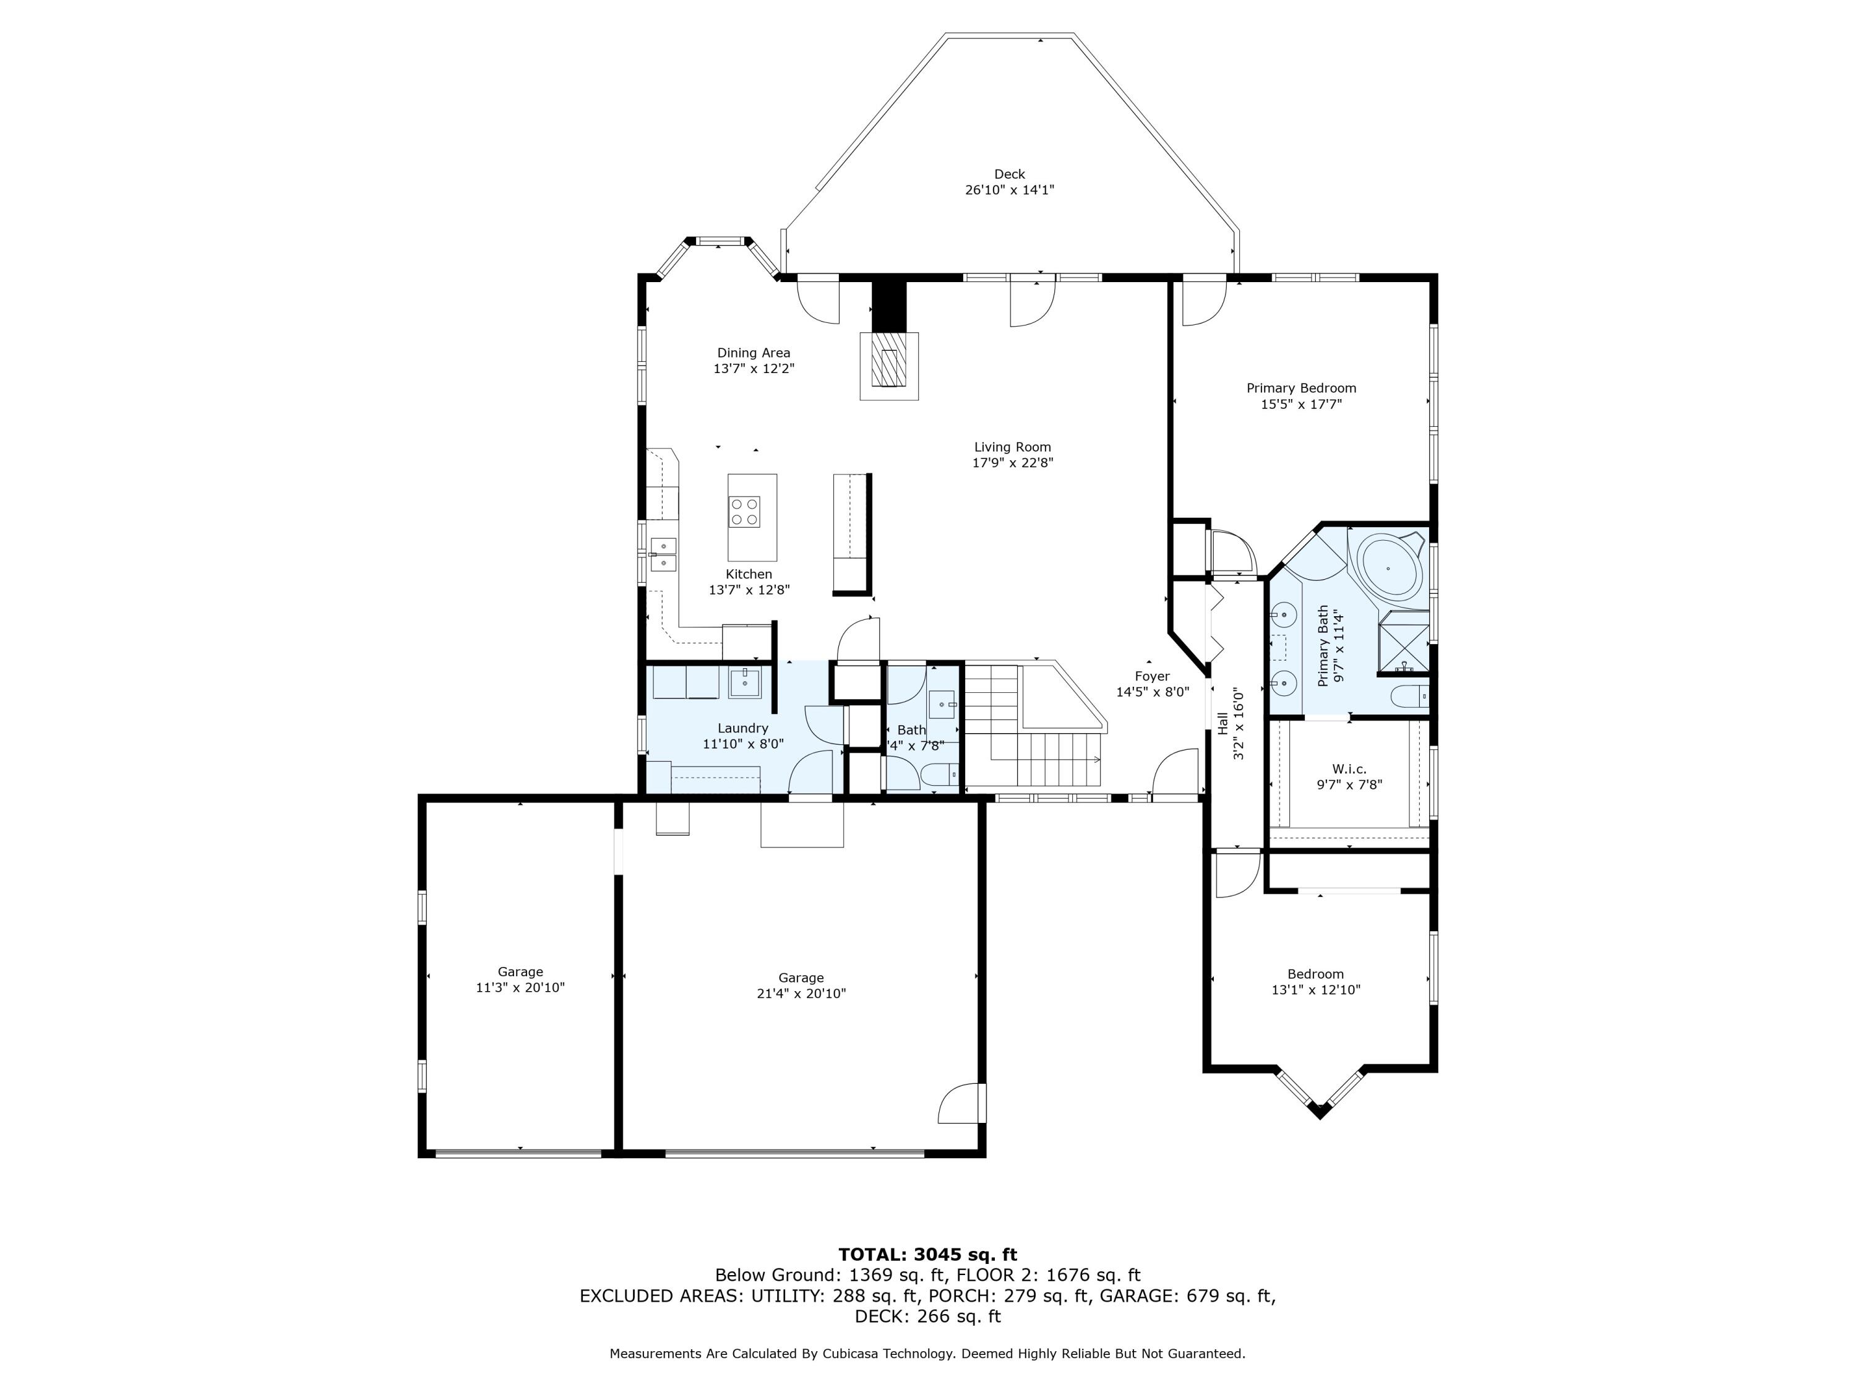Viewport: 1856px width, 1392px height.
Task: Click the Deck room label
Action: point(1010,174)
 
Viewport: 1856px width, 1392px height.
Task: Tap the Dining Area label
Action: point(754,353)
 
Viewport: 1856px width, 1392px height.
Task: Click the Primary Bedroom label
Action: point(1302,389)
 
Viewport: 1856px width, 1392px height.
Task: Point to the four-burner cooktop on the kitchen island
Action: point(744,511)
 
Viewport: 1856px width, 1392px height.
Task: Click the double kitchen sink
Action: point(664,554)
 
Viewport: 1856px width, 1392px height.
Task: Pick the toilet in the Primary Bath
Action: point(1409,697)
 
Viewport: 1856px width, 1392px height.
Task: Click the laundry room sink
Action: point(744,684)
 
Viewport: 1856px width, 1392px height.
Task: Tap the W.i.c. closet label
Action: point(1349,770)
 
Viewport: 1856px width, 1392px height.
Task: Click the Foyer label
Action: point(1152,676)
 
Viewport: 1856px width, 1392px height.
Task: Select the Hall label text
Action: point(1222,724)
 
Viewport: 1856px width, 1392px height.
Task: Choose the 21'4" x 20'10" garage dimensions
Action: point(801,994)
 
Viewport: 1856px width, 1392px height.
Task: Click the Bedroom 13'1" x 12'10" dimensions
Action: point(1316,990)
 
